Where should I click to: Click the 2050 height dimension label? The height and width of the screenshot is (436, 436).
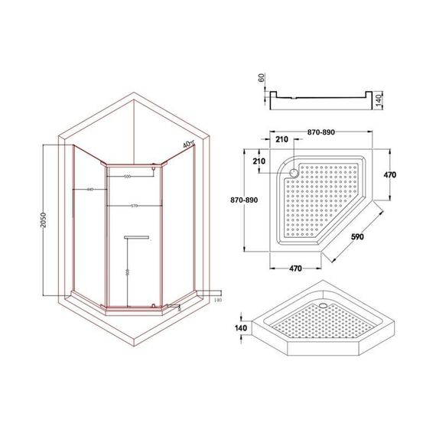[x=48, y=222]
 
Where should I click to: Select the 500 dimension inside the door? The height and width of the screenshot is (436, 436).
[x=126, y=177]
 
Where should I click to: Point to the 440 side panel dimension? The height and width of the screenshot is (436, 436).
[x=89, y=189]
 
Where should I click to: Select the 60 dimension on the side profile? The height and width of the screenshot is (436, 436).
[x=260, y=78]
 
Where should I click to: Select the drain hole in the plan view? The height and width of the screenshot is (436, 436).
[x=291, y=173]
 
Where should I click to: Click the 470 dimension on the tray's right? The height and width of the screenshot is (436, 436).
[x=389, y=175]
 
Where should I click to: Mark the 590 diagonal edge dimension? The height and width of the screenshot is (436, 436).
[x=356, y=236]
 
